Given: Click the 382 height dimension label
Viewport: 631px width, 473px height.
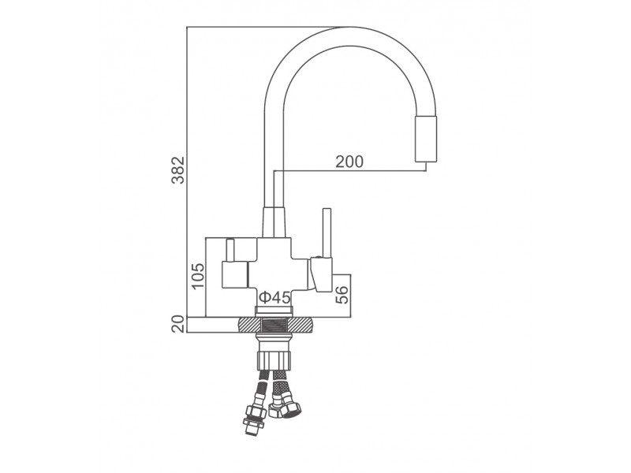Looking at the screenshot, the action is coord(178,169).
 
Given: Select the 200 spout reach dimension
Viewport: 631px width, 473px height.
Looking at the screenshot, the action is coord(349,162).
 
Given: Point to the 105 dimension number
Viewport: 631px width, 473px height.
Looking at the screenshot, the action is coord(198,276).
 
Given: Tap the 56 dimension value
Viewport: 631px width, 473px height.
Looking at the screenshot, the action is coord(342,294).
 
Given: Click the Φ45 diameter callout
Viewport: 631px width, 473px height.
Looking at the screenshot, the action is coord(274,298).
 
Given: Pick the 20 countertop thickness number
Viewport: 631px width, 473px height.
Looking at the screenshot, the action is coord(178,324).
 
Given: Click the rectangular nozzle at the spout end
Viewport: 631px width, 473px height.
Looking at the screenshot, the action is coord(426,140).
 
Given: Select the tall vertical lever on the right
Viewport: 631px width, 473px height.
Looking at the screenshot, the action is coord(327,233).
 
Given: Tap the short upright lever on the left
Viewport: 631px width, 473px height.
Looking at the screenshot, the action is coord(230,250).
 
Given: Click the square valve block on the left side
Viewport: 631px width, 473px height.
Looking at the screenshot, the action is coord(235,274).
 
